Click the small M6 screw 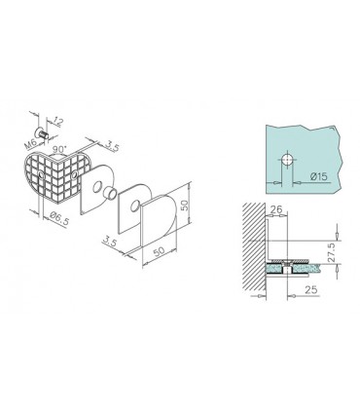pyautogui.click(x=44, y=131)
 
